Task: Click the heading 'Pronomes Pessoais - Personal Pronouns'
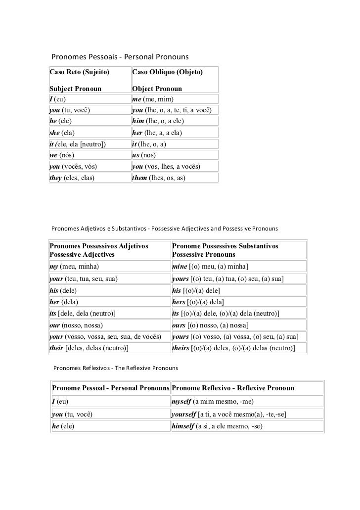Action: tap(121, 57)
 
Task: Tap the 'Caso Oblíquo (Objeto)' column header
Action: tap(168, 72)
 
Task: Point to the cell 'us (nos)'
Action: tap(144, 155)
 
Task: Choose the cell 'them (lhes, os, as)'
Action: tap(159, 178)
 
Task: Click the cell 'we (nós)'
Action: tap(62, 155)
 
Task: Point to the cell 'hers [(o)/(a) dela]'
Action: tap(198, 302)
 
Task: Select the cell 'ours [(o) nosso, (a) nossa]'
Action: tap(210, 325)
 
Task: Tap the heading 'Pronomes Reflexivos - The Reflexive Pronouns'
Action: tap(115, 369)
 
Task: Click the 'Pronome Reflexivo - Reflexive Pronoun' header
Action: tap(233, 388)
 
